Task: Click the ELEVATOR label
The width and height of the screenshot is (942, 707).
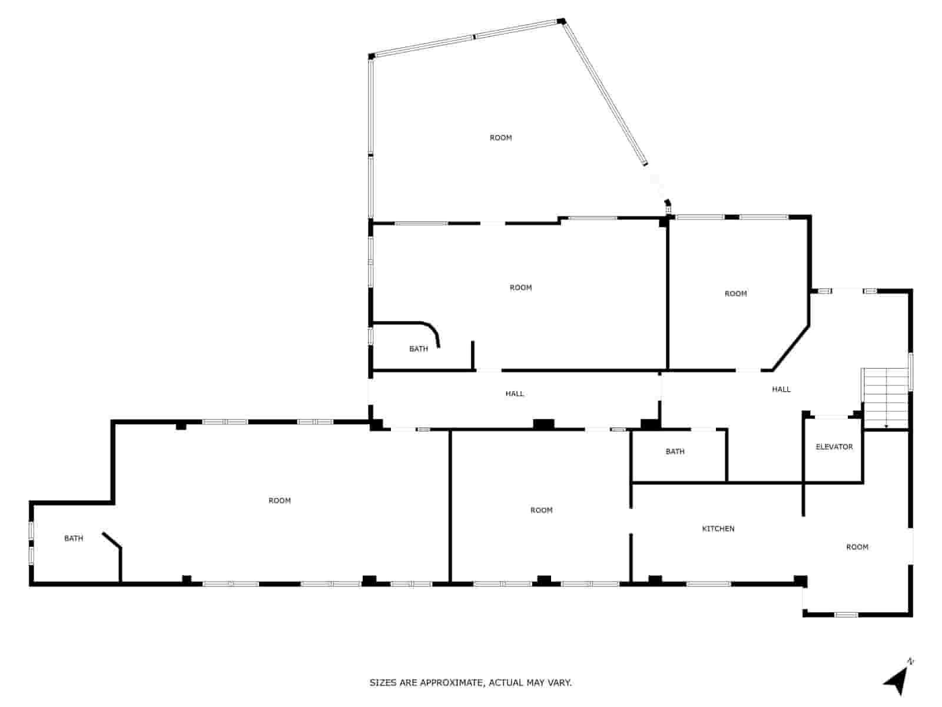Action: coord(834,447)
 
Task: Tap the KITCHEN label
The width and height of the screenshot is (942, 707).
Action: coord(718,528)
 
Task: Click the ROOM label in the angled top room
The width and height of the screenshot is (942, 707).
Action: coord(500,137)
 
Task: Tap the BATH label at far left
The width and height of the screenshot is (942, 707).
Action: coord(74,538)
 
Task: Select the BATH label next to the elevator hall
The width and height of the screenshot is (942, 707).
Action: coord(675,451)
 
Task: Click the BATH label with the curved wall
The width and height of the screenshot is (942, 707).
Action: coord(418,349)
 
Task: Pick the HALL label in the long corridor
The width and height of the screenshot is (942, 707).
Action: coord(514,394)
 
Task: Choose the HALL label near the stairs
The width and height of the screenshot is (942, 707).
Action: coord(781,389)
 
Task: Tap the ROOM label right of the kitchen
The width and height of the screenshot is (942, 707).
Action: coord(857,547)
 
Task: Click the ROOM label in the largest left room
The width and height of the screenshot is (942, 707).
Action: coord(279,500)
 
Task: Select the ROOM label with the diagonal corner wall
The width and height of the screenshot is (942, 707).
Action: coord(735,293)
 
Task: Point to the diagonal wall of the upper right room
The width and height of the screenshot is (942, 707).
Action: coord(791,348)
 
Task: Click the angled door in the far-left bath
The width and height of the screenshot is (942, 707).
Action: coord(112,541)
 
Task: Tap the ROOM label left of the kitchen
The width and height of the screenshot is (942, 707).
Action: coord(541,510)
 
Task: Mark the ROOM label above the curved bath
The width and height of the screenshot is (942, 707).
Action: coord(520,288)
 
